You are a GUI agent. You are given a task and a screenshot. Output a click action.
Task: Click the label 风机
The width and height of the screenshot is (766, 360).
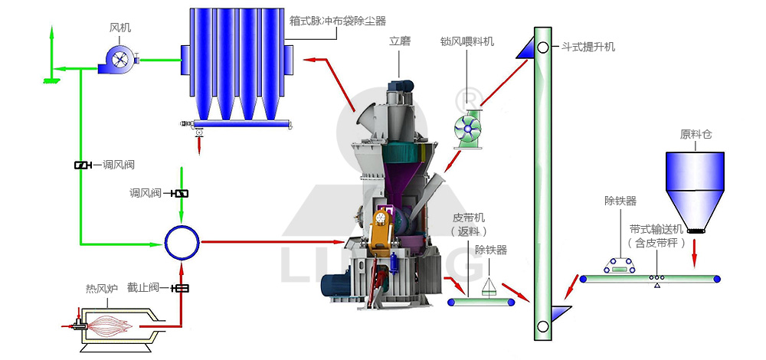point(120,28)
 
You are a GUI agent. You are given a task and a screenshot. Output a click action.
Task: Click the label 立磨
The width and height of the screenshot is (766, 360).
point(400,41)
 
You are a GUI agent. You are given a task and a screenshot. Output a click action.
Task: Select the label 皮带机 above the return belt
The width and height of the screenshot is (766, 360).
point(469,217)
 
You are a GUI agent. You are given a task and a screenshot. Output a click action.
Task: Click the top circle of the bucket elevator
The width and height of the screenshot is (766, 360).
point(542,47)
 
